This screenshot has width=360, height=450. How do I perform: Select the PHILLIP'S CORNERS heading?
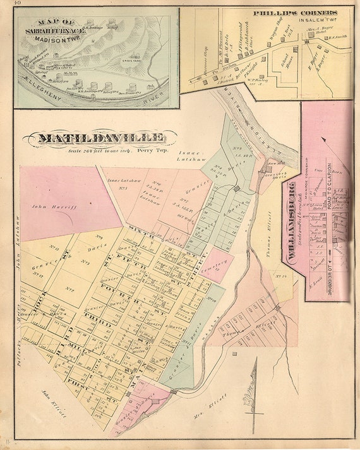295,12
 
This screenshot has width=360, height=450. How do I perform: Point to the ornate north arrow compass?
256,394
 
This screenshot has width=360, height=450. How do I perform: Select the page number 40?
6,4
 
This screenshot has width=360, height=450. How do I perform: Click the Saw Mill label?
272,162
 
